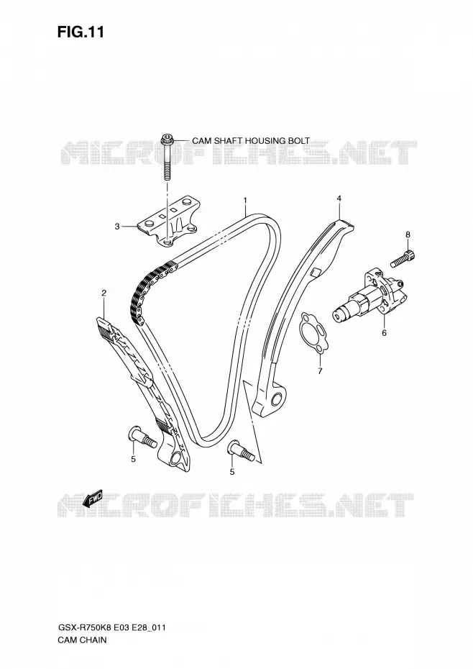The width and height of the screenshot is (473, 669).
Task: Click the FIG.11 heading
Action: pos(81,32)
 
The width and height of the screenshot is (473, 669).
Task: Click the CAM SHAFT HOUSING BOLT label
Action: pos(251,140)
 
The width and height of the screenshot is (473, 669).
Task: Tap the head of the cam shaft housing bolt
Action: pos(167,139)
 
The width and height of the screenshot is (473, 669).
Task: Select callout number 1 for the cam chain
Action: pos(245,199)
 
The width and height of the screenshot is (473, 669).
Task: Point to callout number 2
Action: pos(104,292)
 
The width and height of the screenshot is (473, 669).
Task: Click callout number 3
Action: pos(117,227)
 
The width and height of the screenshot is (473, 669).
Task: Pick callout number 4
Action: pos(339,198)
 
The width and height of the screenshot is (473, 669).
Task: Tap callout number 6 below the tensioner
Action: pos(384,332)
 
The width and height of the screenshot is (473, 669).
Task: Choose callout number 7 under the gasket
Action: pos(320,370)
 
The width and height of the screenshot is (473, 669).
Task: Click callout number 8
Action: pos(408,235)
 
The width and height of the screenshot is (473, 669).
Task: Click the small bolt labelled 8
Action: pos(403,258)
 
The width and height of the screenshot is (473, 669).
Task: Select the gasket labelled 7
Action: pos(313,333)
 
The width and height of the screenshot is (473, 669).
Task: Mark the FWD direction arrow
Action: pos(93,498)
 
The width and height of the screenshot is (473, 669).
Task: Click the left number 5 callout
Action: pos(133,459)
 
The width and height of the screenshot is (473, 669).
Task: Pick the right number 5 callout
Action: pos(232,471)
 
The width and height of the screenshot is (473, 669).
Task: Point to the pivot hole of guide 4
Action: pos(277,400)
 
